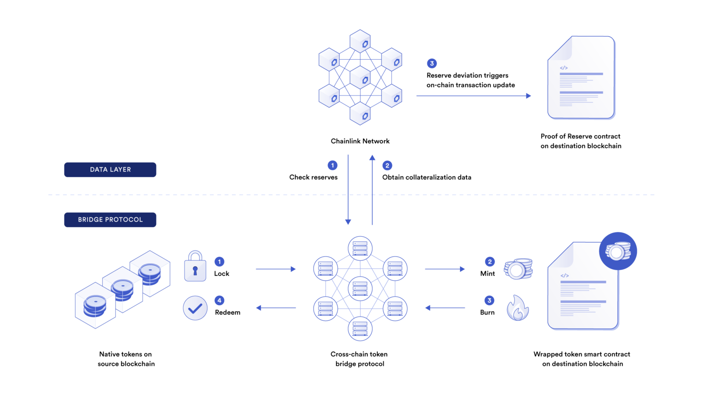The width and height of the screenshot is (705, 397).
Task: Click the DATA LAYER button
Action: (x=110, y=170)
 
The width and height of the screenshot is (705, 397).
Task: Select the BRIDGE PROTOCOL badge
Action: (x=110, y=220)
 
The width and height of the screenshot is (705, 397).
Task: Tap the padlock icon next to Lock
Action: (x=195, y=267)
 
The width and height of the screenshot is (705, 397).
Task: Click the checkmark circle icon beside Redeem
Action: (x=195, y=308)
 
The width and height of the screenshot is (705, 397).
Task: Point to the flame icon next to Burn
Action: (x=518, y=308)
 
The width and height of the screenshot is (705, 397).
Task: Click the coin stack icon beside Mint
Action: (x=518, y=269)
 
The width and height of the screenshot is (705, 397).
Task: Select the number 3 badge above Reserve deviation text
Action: (x=431, y=63)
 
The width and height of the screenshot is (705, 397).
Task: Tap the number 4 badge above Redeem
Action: (x=219, y=301)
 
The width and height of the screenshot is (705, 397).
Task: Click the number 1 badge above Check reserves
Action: (x=332, y=165)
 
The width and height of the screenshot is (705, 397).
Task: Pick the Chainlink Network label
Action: (x=360, y=141)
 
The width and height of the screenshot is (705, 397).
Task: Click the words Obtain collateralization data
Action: (x=426, y=177)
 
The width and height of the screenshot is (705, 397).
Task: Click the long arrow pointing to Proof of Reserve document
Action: (x=473, y=96)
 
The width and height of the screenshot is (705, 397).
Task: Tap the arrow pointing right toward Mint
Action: (x=444, y=269)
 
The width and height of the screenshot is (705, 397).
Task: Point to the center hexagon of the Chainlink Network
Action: (x=360, y=78)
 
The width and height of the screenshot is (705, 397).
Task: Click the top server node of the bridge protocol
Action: (x=360, y=248)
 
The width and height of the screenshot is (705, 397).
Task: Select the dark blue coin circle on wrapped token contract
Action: (x=618, y=251)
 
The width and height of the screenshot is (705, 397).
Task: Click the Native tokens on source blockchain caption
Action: (x=126, y=359)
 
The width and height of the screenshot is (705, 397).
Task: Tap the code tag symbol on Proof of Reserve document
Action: (x=564, y=68)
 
